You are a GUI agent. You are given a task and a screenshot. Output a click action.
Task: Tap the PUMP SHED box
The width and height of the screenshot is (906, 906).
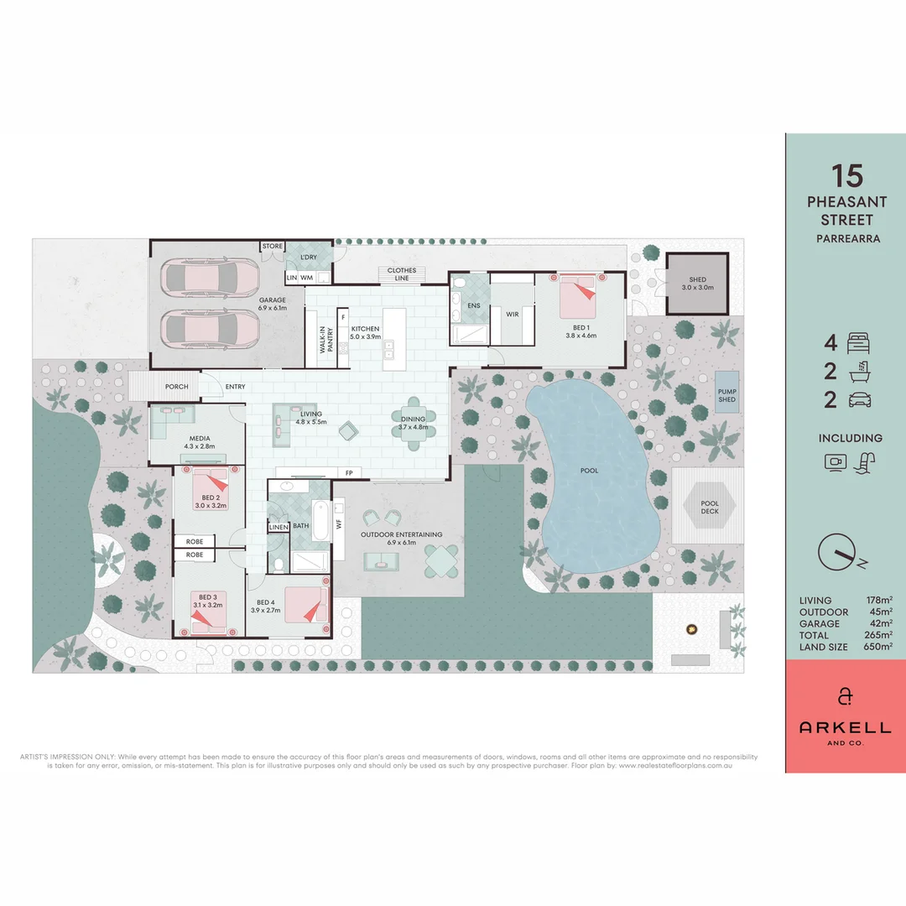[x=726, y=394]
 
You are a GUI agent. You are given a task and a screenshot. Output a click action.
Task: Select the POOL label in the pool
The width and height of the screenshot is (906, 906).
[x=590, y=471]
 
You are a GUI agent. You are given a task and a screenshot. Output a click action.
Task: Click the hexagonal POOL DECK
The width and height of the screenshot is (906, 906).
[x=710, y=507]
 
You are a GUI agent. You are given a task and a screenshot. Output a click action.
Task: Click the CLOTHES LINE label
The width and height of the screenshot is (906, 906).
[x=401, y=273]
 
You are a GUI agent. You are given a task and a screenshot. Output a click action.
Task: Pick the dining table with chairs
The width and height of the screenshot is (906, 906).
[x=413, y=424]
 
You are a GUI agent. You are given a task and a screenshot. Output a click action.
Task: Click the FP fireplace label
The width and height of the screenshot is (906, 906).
[x=349, y=473]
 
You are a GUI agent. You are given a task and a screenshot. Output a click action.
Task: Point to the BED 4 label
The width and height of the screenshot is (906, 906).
[x=265, y=602]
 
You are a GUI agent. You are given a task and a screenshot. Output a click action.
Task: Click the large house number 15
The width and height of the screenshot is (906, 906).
[x=846, y=175]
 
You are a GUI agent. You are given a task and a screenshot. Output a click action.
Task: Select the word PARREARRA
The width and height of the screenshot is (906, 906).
[x=846, y=237]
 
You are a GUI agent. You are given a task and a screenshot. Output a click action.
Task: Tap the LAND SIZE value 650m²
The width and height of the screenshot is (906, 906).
[x=879, y=647]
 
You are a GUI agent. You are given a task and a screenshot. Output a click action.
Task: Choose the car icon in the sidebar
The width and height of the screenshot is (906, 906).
[x=859, y=400]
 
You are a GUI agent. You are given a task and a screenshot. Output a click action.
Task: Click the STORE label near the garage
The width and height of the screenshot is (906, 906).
[x=272, y=247]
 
